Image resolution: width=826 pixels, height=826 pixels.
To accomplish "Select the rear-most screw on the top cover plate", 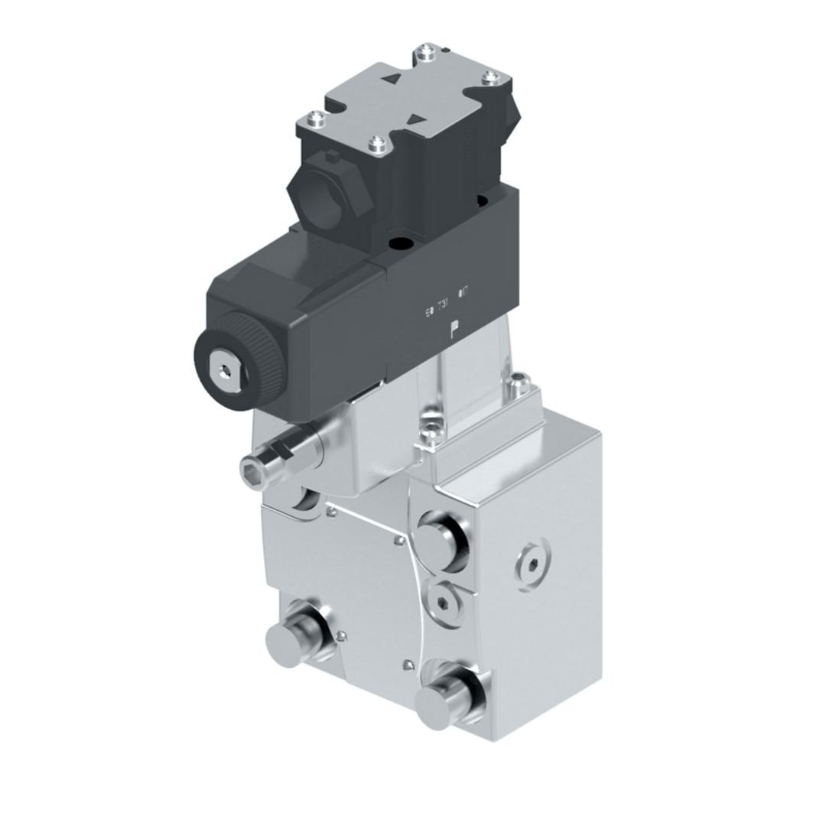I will coord(425,54).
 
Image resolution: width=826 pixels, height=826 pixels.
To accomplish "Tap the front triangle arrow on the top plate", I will coord(417,118).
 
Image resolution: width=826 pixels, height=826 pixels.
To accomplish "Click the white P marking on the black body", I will coord(454,330).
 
